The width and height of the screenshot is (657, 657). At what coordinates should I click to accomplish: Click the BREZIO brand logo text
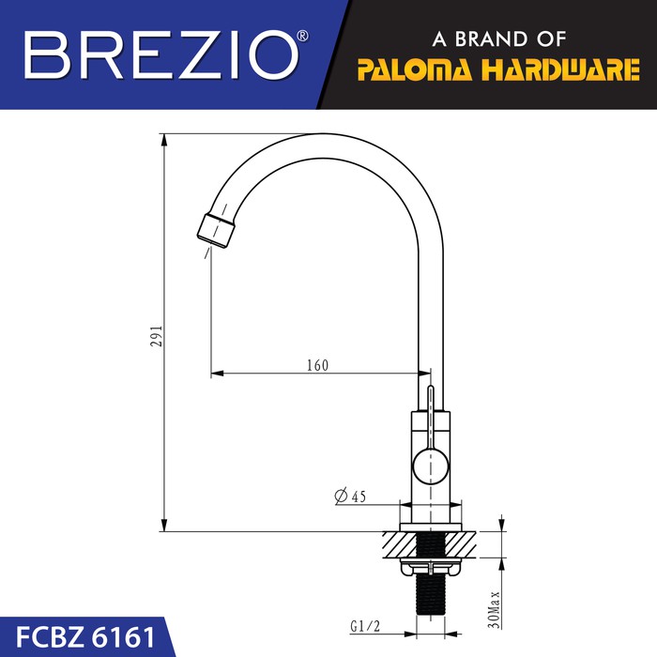pos(161,54)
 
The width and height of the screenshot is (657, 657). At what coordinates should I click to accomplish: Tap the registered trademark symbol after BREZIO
pos(303,36)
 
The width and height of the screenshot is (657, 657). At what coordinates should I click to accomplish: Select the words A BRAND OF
pos(498,39)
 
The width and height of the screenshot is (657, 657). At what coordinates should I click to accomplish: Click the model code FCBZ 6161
pos(85,637)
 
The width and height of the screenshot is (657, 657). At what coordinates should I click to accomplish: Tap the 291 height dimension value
pos(157,336)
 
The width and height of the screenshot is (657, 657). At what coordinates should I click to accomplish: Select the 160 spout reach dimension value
pos(317,365)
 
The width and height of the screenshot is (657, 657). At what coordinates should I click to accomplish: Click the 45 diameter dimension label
pos(359,497)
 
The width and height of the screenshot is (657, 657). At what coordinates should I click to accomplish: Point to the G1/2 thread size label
pos(365,626)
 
